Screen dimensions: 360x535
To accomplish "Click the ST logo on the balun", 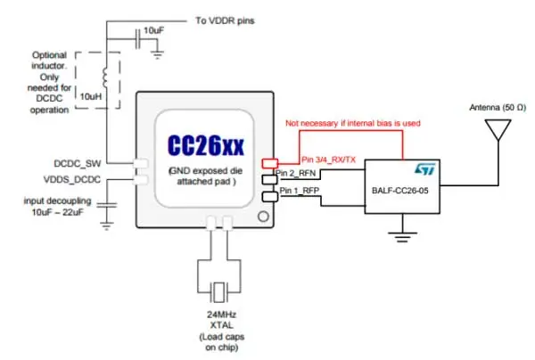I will point(424,167).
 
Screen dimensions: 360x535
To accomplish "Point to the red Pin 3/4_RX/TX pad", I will point(269,163).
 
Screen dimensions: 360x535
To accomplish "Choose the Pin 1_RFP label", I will point(298,191).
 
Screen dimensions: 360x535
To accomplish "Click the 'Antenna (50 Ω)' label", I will point(490,109).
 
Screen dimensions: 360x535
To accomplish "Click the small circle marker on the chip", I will point(260,216).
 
